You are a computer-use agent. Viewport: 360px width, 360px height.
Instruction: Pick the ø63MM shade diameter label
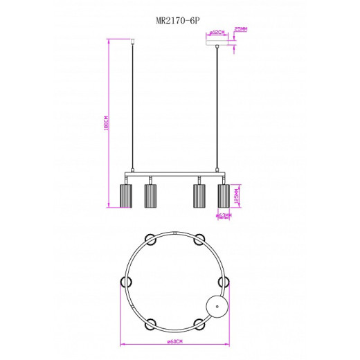click(223, 215)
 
